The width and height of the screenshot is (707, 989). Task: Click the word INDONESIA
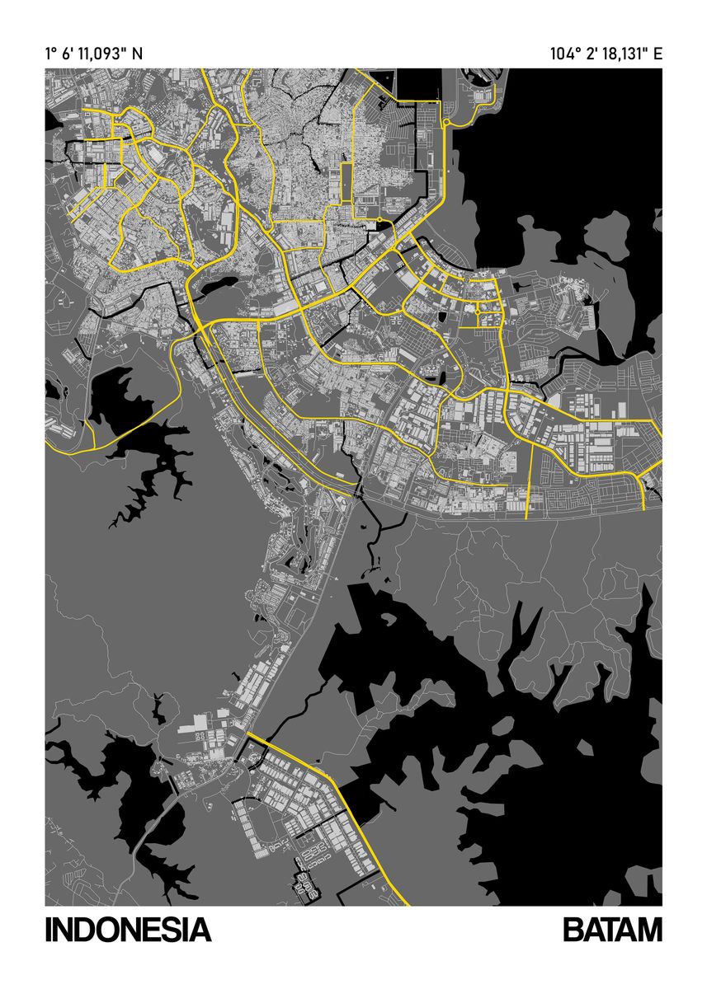pos(129,930)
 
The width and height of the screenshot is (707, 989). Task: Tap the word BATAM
pos(612,930)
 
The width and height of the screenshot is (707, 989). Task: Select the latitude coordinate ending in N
pos(94,54)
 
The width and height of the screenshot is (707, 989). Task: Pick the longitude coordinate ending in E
pos(606,54)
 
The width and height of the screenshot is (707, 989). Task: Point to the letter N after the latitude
pos(137,54)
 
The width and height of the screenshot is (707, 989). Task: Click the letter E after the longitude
pos(658,54)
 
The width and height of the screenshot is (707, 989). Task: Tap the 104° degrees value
pos(564,54)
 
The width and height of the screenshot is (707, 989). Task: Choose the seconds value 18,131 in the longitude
pos(623,54)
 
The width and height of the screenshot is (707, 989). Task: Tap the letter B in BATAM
pos(573,930)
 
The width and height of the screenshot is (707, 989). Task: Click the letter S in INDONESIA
pos(170,930)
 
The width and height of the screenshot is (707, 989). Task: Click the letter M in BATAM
pos(649,930)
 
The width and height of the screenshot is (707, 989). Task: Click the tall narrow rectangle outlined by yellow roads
pos(346,182)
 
